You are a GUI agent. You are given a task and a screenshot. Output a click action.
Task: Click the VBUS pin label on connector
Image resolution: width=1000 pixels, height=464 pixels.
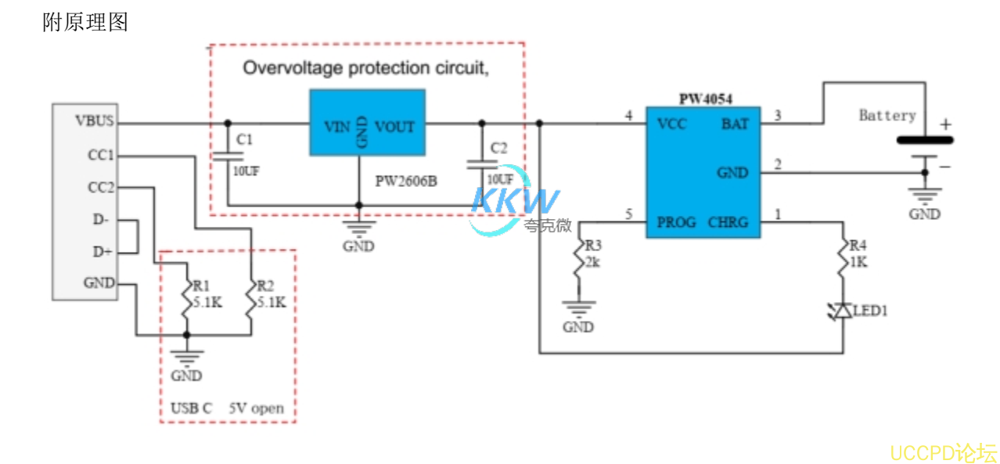pos(94,121)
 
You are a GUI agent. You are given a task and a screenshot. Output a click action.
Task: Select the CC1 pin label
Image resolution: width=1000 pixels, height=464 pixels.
pos(101,156)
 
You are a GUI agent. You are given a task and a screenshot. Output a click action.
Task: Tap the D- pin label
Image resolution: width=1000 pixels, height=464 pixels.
pos(101,221)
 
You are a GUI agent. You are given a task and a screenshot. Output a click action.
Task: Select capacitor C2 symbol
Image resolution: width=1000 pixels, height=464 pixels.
pos(481,164)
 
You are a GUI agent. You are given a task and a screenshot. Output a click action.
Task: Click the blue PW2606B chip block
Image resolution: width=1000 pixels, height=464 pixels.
pos(367,121)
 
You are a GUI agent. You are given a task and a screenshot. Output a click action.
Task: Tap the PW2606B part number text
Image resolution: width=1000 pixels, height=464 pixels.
pos(405,182)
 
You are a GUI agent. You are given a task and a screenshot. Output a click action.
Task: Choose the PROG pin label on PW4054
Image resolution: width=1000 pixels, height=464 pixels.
pos(677,222)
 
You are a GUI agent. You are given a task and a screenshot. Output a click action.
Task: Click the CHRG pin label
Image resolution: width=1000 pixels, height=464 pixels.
pos(727,222)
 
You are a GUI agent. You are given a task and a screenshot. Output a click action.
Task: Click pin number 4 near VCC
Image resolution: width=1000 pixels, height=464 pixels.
pos(628,117)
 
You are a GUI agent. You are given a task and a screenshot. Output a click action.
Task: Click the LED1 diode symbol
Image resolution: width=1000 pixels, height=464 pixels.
pos(842,311)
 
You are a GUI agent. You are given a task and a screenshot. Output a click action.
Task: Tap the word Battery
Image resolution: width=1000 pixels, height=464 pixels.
pos(887,116)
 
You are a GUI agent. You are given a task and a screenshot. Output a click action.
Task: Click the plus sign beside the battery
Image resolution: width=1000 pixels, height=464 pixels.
pos(945,124)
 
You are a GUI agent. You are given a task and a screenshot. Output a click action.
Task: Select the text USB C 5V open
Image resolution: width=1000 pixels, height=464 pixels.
pos(227,408)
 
